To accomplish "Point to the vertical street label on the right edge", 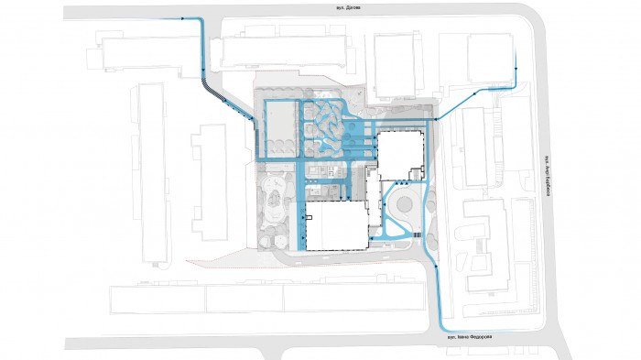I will pyautogui.click(x=544, y=170).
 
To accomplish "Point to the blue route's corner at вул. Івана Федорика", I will pyautogui.click(x=443, y=328).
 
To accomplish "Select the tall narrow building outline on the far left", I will pyautogui.click(x=151, y=174).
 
